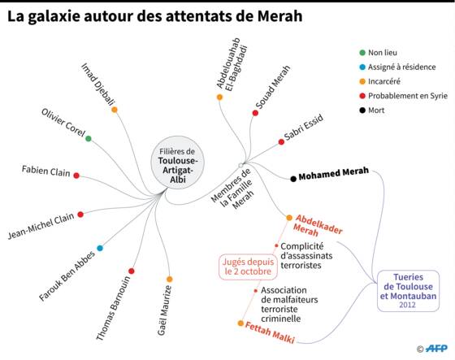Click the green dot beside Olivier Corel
point(89,138)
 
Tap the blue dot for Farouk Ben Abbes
point(100,248)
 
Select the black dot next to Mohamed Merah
point(293,179)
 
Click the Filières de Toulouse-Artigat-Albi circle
point(177,163)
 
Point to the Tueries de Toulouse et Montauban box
point(408,291)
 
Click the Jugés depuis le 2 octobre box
point(248,267)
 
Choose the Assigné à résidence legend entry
point(397,67)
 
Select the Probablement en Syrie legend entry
point(403,96)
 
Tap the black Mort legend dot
point(362,111)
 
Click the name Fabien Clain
point(45,171)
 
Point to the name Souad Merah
point(273,87)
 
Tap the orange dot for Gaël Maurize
point(170,280)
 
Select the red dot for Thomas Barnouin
point(131,271)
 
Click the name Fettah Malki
point(270,332)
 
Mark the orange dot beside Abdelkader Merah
point(289,218)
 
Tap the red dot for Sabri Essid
point(281,142)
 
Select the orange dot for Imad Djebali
point(115,110)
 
